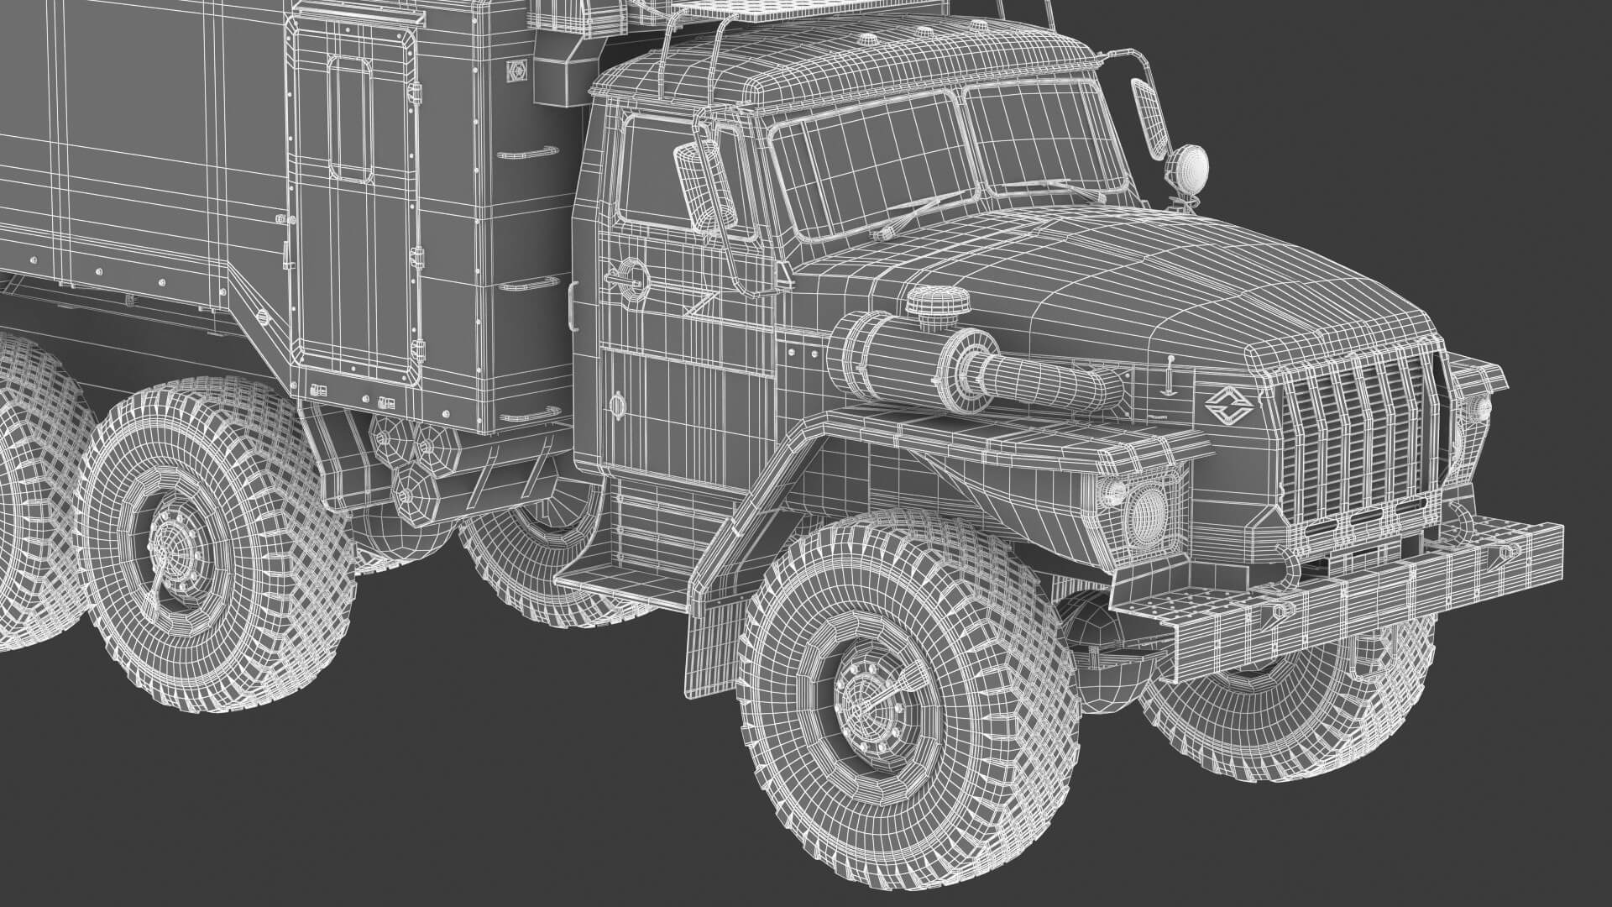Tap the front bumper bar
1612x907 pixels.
pos(1343,588)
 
